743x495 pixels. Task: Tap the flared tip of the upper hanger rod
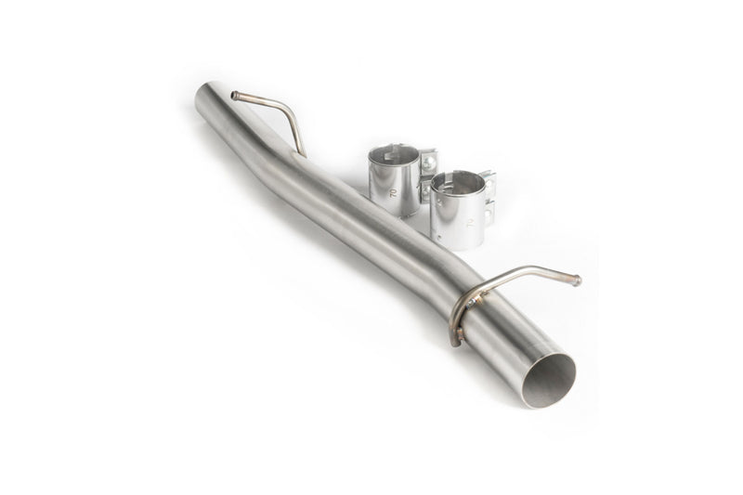pos(235,95)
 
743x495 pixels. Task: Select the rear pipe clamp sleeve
pos(391,180)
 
